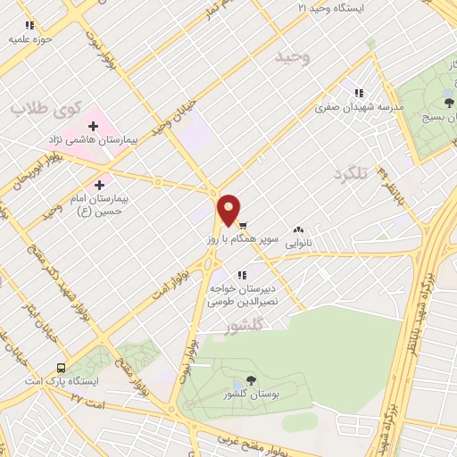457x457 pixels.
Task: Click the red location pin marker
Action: tap(229, 210)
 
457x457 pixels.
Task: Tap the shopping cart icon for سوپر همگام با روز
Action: tap(243, 225)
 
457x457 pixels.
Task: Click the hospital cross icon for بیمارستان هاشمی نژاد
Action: tap(93, 126)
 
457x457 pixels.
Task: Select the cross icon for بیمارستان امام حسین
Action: tap(111, 184)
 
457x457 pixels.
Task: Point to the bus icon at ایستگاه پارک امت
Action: tap(61, 367)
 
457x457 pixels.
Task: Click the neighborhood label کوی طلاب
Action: tap(46, 108)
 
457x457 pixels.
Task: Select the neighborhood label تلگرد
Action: tap(349, 173)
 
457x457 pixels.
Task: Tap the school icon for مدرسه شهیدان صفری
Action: tap(359, 93)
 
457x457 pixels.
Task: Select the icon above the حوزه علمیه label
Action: tap(29, 26)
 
